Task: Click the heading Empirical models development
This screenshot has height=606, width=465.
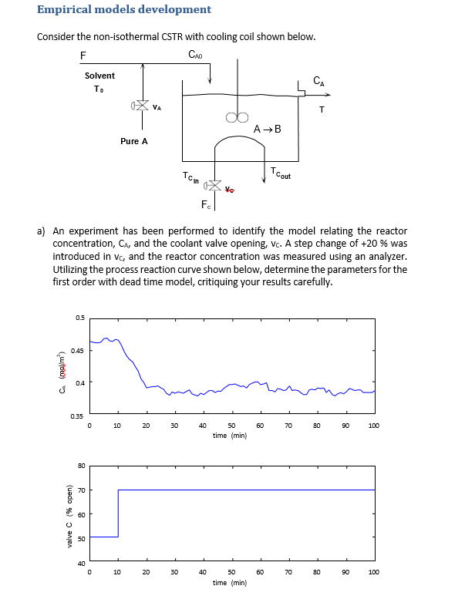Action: (x=124, y=10)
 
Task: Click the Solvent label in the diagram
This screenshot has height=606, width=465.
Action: (x=99, y=76)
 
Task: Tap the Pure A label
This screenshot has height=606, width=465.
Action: (x=133, y=141)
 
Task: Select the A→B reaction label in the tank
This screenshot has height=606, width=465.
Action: (x=267, y=129)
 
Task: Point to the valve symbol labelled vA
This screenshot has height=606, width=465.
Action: (x=141, y=106)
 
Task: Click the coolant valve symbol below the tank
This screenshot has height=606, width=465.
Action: (x=213, y=187)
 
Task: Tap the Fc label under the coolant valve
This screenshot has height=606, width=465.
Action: (x=205, y=204)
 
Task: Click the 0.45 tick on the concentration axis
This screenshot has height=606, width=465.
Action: (x=78, y=351)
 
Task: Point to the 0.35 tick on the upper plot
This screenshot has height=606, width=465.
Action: (x=78, y=416)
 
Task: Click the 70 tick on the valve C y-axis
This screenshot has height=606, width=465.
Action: (x=81, y=490)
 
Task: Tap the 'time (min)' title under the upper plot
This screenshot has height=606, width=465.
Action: (x=230, y=436)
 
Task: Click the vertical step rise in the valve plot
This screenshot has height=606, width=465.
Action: (x=118, y=513)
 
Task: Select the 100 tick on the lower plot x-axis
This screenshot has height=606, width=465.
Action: (x=374, y=572)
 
